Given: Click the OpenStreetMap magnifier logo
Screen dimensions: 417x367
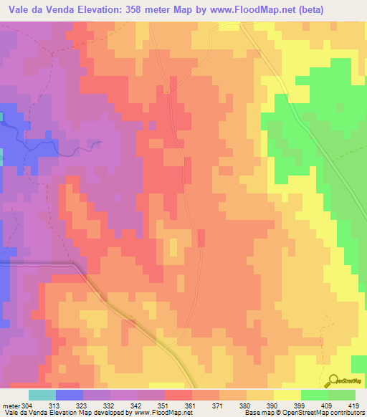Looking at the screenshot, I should point(333,380).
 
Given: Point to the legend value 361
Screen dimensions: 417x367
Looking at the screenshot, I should point(191,405).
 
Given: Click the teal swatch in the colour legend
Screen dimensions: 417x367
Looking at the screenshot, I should point(42,395).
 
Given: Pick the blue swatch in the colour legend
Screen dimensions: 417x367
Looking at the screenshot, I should point(70,395).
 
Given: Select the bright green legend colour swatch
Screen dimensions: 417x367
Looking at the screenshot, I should point(314,395).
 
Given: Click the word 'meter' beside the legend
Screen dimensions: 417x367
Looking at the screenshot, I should point(11,405).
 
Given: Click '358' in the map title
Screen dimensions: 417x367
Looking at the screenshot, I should point(144,10).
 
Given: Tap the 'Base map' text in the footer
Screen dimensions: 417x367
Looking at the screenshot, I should point(257,413).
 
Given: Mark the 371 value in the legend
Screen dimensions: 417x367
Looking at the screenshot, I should point(219,405).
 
